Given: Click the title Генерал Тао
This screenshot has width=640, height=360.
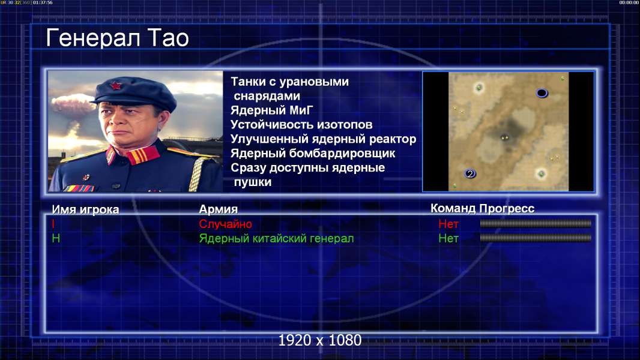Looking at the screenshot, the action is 117,38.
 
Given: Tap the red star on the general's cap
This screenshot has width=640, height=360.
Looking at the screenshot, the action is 116,86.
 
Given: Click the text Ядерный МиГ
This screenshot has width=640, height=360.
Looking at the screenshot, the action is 272,110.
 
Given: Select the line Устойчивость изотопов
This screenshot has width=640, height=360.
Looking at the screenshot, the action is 301,124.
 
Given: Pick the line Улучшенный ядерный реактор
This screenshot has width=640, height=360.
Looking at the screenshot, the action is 323,139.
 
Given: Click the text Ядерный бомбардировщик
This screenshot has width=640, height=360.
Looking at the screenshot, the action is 313,153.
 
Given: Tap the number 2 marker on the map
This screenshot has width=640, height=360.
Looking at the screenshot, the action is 470,173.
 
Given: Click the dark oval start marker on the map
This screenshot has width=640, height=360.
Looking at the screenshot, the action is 542,94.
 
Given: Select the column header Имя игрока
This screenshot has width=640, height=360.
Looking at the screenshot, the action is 85,209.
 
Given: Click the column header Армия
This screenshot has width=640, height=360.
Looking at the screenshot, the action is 219,209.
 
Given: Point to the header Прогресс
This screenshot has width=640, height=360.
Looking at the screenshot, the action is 507,209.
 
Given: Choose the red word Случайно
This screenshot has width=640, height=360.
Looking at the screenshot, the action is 225,224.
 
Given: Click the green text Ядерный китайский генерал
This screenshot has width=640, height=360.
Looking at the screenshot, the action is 276,239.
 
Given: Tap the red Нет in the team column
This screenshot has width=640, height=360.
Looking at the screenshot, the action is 448,224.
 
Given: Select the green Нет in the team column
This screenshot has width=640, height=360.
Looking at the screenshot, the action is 448,239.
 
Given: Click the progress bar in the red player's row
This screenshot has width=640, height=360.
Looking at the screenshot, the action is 536,223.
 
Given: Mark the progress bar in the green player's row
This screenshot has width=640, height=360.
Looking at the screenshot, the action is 536,238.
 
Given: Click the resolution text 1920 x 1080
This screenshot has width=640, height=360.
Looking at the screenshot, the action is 320,340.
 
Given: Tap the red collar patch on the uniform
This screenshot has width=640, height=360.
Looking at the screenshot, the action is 143,155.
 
